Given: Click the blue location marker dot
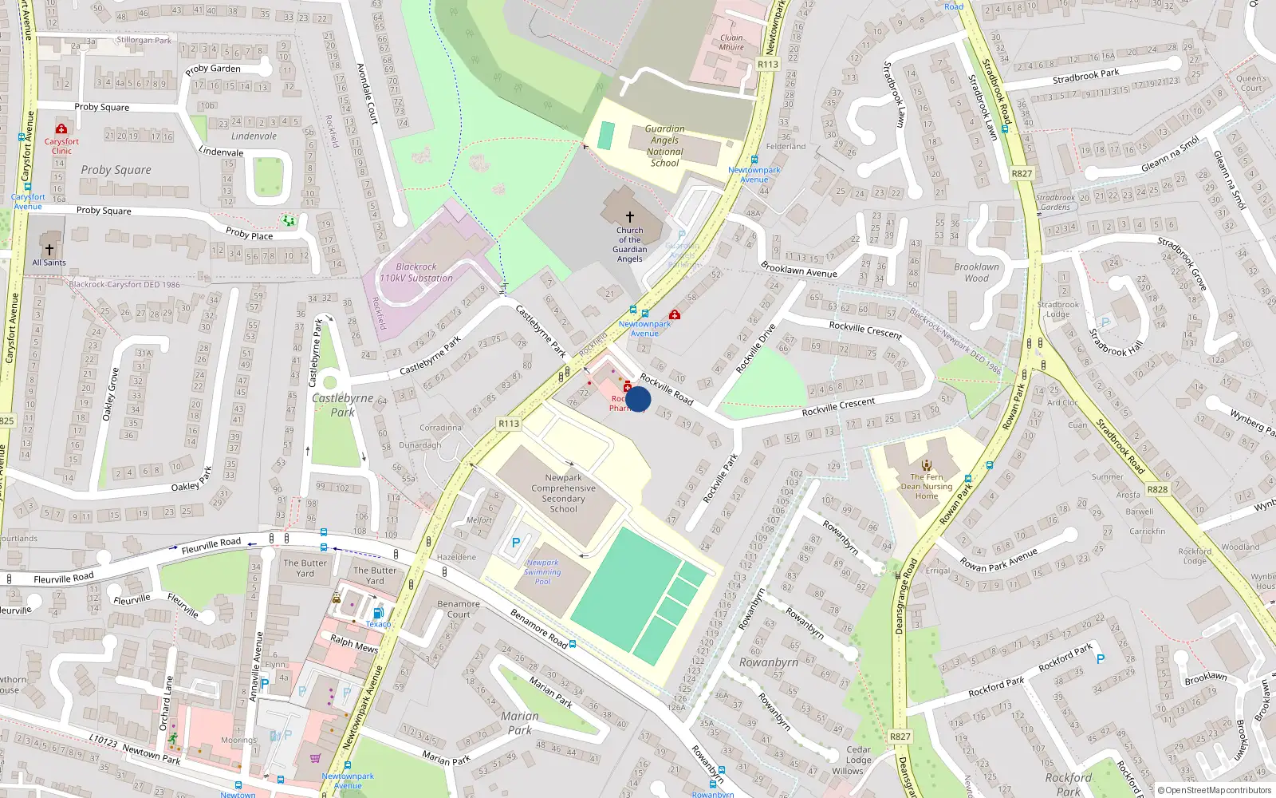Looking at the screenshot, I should [x=638, y=399].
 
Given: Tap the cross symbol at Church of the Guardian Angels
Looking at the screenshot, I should [x=630, y=216].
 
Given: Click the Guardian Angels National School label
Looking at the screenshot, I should [x=665, y=146].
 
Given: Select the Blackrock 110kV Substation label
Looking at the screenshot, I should [x=415, y=273].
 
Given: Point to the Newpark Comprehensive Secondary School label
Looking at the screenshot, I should [x=563, y=493].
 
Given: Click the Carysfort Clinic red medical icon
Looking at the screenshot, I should [x=61, y=128].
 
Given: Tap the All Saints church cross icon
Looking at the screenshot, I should [x=49, y=249].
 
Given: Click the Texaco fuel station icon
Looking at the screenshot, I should [x=378, y=613].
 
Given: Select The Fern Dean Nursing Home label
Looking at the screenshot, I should [x=926, y=486].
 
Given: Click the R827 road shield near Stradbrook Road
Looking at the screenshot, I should [x=1022, y=173].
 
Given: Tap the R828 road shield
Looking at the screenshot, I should [x=1157, y=489].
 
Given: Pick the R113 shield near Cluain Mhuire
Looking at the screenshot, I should [x=768, y=65].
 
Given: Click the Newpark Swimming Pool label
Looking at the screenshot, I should [x=543, y=572].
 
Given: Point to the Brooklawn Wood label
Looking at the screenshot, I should [x=976, y=273].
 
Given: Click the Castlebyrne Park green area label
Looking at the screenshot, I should [x=343, y=405].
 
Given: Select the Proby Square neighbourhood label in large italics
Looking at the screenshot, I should [x=116, y=170].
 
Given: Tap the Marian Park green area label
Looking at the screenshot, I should [x=519, y=723].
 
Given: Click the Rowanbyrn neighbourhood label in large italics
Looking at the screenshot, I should [x=768, y=662].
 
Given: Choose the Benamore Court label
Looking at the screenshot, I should [x=459, y=609].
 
